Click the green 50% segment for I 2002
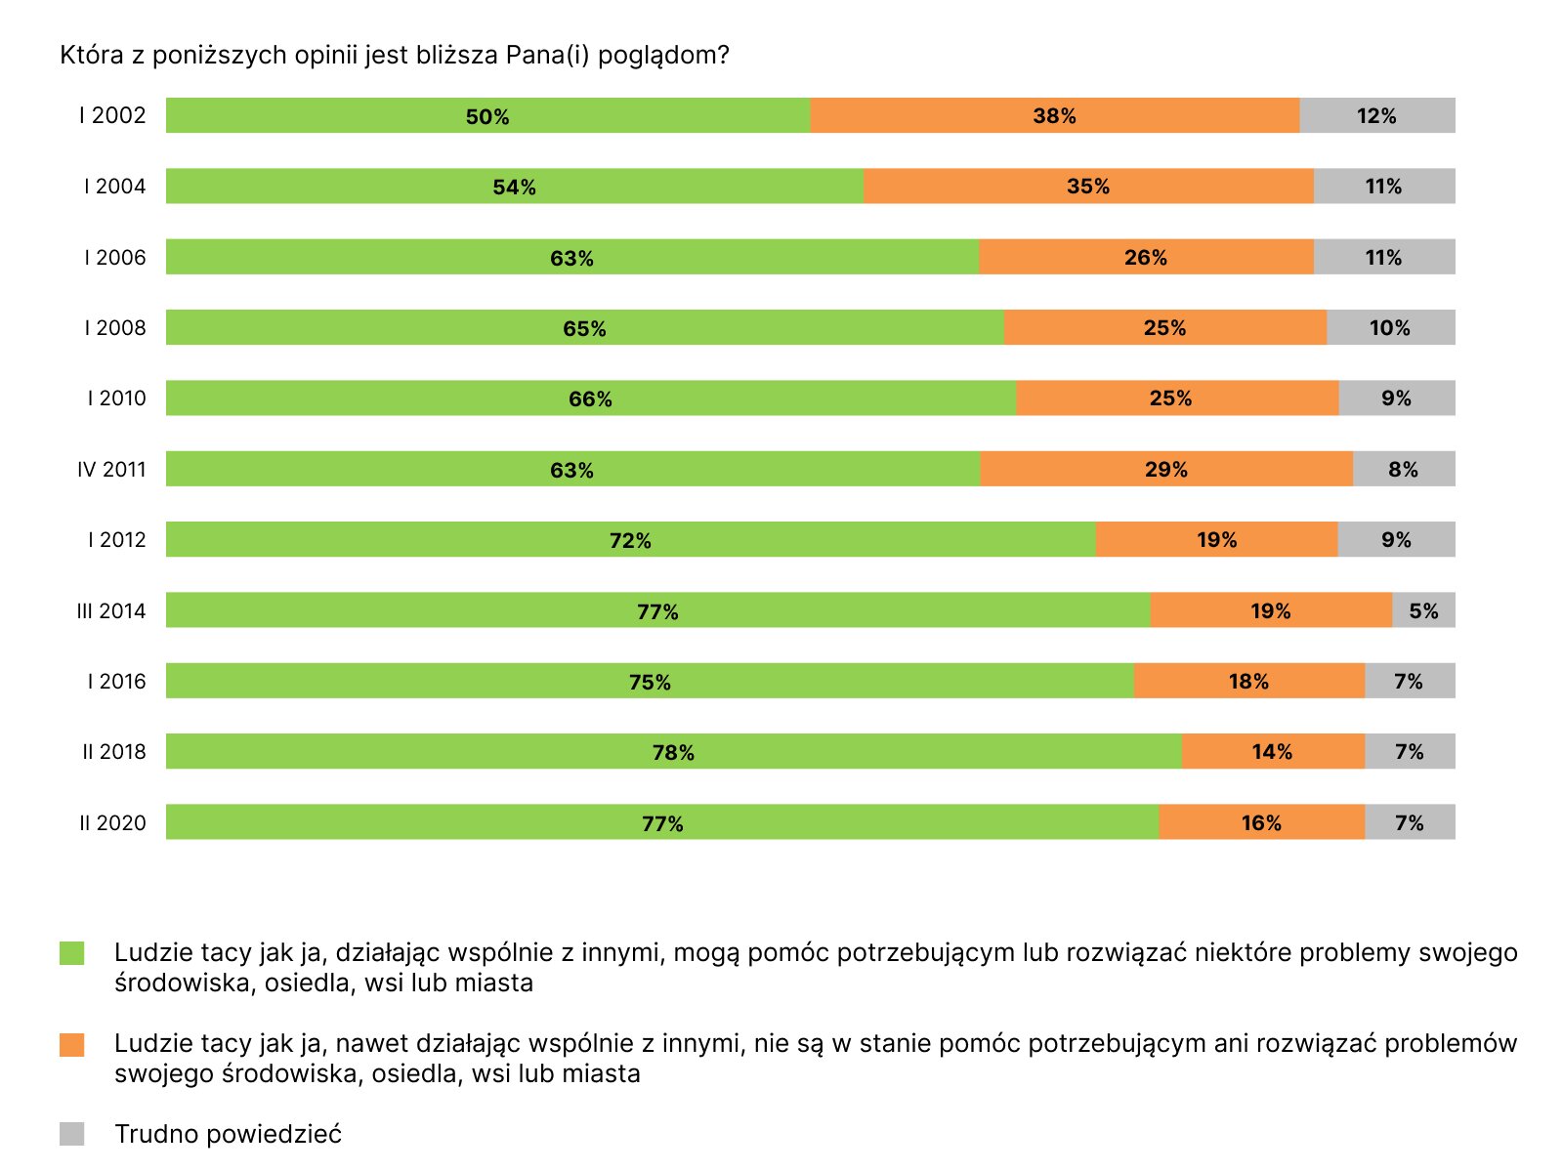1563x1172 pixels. click(487, 115)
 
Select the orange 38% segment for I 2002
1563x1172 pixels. click(1054, 115)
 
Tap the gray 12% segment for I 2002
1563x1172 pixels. click(1376, 115)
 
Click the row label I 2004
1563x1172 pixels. click(114, 187)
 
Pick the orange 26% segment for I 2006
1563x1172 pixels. click(1145, 257)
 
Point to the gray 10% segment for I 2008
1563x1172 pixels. click(1390, 327)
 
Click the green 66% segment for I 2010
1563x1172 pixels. click(590, 398)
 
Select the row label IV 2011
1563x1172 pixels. click(111, 470)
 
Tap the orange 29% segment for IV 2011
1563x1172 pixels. click(1165, 469)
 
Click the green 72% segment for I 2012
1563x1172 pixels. click(630, 540)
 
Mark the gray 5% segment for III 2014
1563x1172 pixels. click(1423, 610)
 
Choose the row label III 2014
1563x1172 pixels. click(111, 611)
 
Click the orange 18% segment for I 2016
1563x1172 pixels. click(1248, 681)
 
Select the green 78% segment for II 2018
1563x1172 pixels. click(673, 752)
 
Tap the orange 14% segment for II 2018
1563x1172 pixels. click(1272, 751)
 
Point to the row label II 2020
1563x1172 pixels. click(112, 823)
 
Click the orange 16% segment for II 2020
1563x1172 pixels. click(1261, 822)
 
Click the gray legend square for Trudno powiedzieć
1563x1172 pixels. click(71, 1134)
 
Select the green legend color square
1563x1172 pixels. click(71, 953)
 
